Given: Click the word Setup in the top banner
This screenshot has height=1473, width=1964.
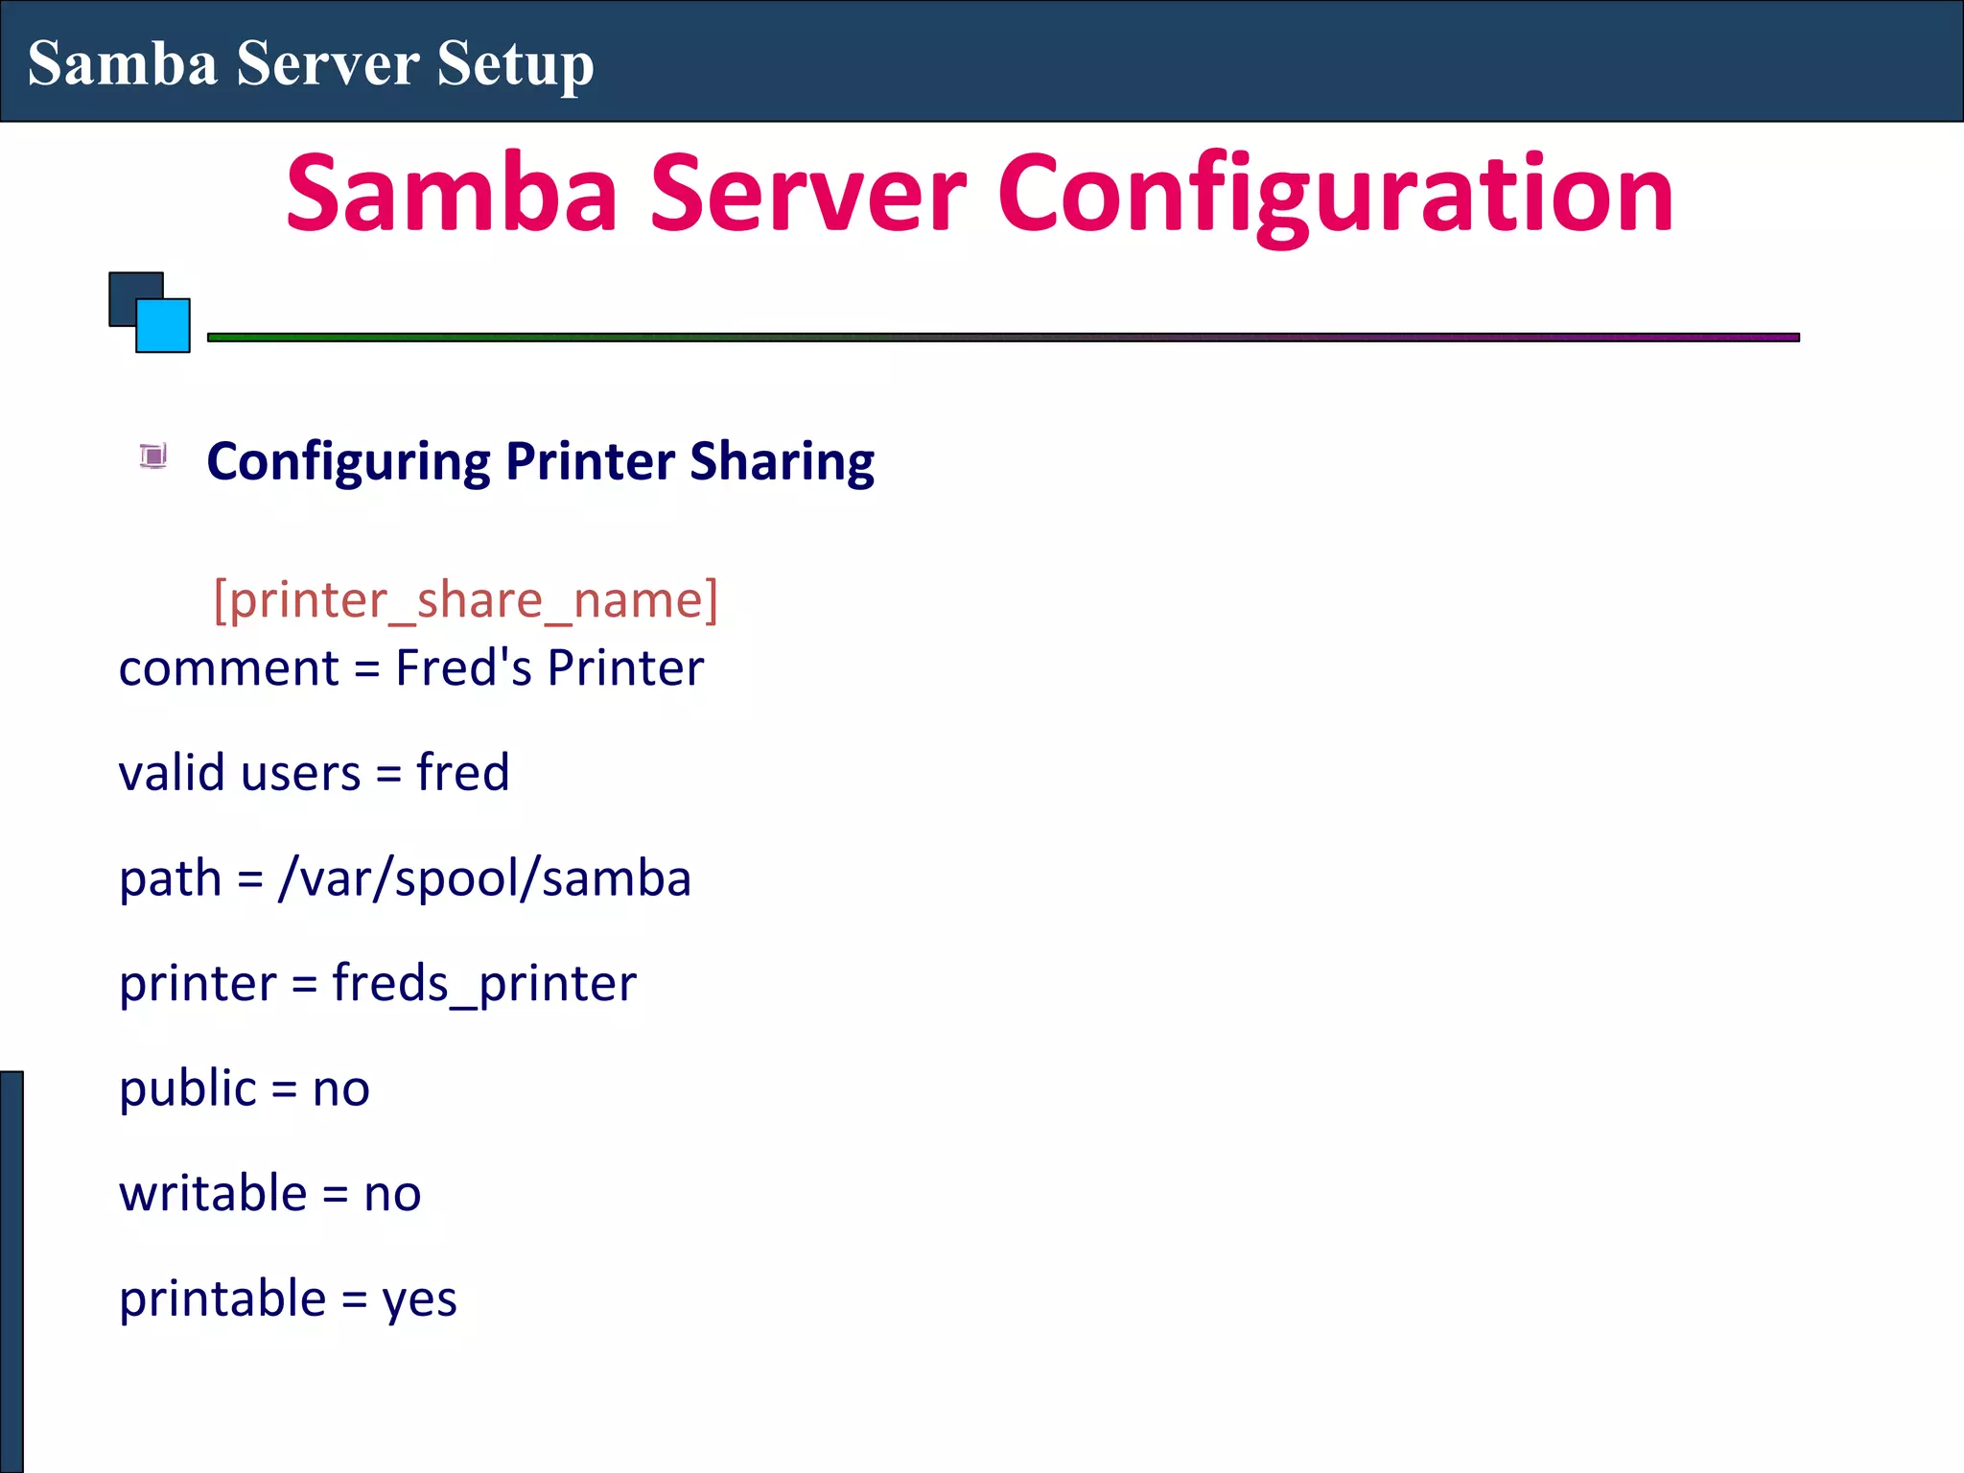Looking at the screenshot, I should coord(515,64).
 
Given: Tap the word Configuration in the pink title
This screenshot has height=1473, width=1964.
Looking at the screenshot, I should coord(1335,194).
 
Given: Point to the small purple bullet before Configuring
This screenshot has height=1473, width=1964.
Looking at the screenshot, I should coord(153,456).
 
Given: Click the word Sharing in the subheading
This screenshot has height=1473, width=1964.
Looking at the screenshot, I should coord(782,461).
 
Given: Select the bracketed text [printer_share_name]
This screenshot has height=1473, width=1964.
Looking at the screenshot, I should coord(465,600).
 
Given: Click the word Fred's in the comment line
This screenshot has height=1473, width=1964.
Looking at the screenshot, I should coord(463,667).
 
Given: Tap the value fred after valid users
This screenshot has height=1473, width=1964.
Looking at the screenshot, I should coord(462,773).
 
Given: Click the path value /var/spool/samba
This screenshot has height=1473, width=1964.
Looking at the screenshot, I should coord(484,878).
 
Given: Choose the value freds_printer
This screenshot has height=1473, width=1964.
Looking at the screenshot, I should coord(483,984).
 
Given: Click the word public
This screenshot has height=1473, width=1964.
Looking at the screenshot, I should coord(188,1089).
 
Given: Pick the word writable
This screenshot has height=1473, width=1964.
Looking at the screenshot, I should coord(213,1194).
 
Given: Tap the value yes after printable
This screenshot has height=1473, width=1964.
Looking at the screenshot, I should coord(419,1300).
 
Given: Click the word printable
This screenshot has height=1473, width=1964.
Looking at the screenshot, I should coord(222,1299).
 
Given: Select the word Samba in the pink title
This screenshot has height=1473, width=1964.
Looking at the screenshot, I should coord(452,194).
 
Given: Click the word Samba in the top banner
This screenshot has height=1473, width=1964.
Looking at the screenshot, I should coord(123,64).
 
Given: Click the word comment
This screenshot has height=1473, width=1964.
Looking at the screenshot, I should coord(228,668).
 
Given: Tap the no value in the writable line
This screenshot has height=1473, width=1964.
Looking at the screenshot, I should coord(392,1195).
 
